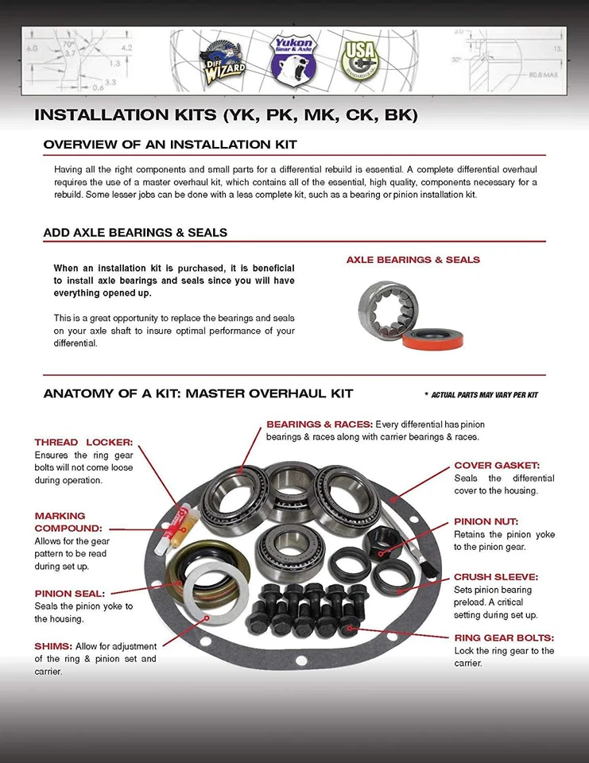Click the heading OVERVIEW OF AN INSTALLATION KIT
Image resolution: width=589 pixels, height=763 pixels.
170,145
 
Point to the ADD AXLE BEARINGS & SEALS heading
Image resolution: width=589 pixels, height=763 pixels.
135,233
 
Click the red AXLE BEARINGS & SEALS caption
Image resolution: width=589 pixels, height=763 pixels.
413,260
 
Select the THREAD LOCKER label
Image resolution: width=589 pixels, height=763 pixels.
83,442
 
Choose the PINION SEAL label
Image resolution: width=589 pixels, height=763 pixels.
70,593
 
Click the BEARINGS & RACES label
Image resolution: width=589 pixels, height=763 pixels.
319,424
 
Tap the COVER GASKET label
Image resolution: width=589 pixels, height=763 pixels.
497,465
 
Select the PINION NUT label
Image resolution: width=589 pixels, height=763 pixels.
484,521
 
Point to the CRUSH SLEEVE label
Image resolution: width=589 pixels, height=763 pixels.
496,577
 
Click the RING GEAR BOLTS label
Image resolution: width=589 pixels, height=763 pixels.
504,637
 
